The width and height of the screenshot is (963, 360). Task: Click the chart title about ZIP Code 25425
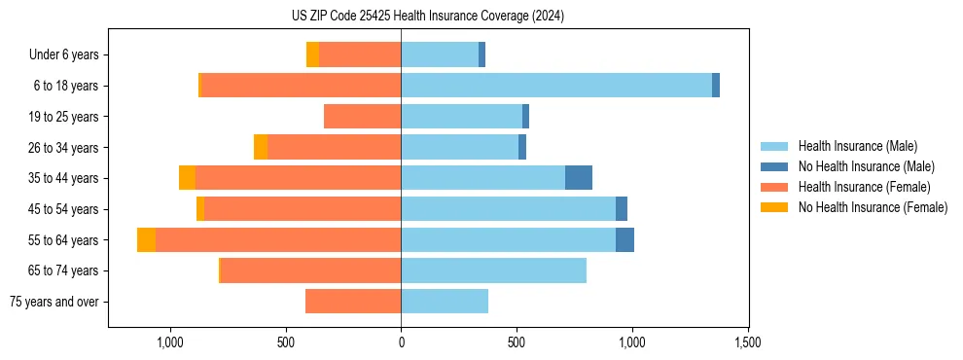coord(427,17)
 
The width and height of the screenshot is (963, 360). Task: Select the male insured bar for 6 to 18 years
coord(555,86)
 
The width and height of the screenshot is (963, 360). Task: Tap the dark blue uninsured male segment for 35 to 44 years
coord(579,178)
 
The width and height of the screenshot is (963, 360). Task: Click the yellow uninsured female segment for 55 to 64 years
coord(146,240)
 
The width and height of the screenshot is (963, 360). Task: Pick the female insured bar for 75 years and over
coord(353,302)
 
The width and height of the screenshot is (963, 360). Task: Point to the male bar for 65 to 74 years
coord(493,270)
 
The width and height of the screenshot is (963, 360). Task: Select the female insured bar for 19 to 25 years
coord(362,117)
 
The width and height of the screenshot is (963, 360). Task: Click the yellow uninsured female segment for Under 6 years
coord(312,54)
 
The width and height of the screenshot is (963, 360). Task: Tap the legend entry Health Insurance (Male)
coord(857,146)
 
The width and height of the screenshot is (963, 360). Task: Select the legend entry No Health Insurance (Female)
coord(873,207)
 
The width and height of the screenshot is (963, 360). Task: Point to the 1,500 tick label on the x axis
coord(747,342)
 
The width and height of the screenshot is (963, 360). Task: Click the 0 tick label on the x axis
coord(401,342)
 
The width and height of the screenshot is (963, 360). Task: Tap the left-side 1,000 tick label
coord(169,342)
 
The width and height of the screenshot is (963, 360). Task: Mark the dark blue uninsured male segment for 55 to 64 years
coord(624,240)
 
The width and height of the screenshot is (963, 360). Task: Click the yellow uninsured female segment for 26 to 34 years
coord(261,148)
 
